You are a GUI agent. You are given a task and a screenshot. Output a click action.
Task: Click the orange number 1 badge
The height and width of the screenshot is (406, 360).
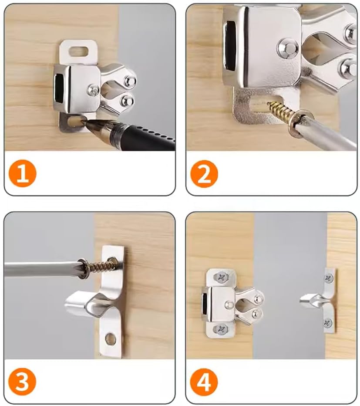[x=23, y=173]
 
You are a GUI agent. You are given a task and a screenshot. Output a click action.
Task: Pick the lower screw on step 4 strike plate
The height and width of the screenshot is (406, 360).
[x=329, y=323]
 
